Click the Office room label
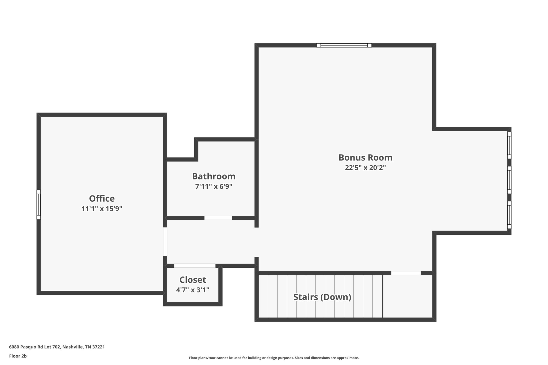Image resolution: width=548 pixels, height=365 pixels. pos(102,198)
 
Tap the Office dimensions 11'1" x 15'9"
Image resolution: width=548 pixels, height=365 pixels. pos(102,209)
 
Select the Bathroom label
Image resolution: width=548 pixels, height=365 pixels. pos(214,176)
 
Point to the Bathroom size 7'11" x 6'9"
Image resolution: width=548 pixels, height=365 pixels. pos(214,187)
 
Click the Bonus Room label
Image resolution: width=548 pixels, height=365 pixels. pos(365,157)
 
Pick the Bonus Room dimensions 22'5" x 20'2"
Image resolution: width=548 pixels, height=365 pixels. pos(365,168)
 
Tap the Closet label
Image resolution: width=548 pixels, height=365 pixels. pos(193,280)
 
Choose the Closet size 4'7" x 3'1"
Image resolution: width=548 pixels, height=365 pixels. pos(193,290)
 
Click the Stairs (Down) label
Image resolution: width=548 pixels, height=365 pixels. pos(322,297)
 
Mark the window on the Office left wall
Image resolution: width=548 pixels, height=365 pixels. pos(39,205)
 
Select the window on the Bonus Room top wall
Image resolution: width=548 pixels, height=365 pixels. pos(344,45)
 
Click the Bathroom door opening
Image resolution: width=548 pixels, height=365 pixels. pos(218,218)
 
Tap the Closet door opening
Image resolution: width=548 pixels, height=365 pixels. pos(195,266)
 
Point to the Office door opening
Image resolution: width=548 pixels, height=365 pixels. pos(165,241)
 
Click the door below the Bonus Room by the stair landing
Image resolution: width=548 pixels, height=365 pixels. pos(406,273)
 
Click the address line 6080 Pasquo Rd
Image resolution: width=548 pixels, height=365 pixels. pos(57,347)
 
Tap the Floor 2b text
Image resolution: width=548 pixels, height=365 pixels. pos(18,356)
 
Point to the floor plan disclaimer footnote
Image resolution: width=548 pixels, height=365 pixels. pos(274,358)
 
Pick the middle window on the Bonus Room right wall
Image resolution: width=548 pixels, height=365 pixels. pos(509,180)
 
